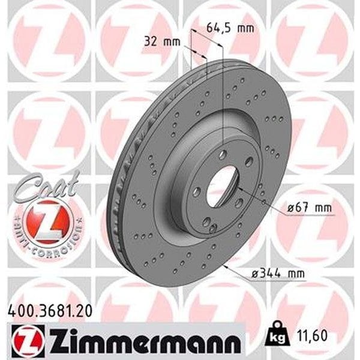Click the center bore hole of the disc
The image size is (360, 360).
(223, 179)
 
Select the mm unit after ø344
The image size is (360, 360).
(295, 274)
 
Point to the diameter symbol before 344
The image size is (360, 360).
(254, 274)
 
